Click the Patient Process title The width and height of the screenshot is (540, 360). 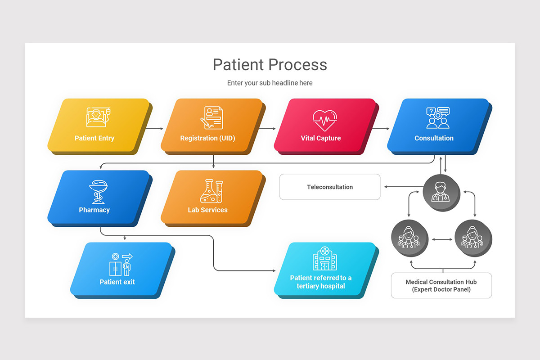[x=270, y=64]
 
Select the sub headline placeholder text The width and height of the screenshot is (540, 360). [x=270, y=83]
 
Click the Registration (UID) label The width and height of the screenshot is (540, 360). [x=207, y=138]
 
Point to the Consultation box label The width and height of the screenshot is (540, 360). [x=434, y=138]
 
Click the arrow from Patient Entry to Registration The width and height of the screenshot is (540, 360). [x=155, y=129]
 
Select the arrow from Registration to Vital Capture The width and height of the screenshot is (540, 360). [x=268, y=129]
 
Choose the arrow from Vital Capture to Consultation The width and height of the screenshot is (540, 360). [x=381, y=129]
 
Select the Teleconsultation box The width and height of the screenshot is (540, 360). [x=330, y=187]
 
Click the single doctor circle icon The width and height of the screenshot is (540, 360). [x=441, y=192]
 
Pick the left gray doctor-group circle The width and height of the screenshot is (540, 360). [x=409, y=238]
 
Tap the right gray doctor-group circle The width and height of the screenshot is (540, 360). [x=473, y=238]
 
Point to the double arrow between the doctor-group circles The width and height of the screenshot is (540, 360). [x=441, y=239]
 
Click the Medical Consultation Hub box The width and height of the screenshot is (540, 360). [x=441, y=285]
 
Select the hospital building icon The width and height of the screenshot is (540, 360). [x=325, y=258]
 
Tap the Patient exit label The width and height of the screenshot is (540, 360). [x=117, y=282]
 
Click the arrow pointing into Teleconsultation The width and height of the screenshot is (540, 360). [x=400, y=187]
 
